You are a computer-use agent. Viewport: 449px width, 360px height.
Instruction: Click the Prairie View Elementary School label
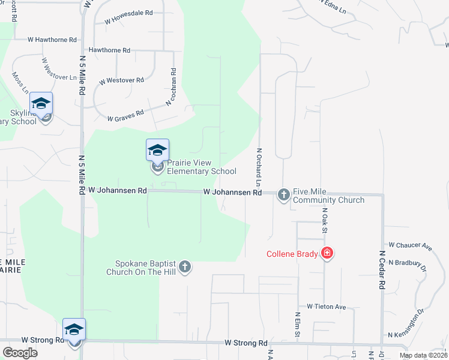201,167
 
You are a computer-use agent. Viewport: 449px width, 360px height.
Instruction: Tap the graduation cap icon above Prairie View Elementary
157,149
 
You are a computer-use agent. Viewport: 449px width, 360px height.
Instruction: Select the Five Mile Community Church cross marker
283,194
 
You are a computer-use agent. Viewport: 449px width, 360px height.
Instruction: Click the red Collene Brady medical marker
327,253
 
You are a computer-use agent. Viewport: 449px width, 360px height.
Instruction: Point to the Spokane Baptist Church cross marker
185,266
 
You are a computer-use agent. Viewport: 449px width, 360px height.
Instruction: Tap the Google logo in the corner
20,353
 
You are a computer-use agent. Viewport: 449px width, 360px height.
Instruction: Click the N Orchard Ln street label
259,167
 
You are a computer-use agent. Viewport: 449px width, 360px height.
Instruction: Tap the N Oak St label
324,220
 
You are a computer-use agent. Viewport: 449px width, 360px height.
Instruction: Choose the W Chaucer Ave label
411,245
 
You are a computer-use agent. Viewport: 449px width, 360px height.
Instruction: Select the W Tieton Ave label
327,307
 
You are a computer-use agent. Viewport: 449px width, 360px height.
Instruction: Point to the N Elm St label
297,324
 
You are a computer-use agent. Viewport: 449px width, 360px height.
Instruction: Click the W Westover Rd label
122,80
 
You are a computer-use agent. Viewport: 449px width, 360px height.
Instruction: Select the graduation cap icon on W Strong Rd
74,329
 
